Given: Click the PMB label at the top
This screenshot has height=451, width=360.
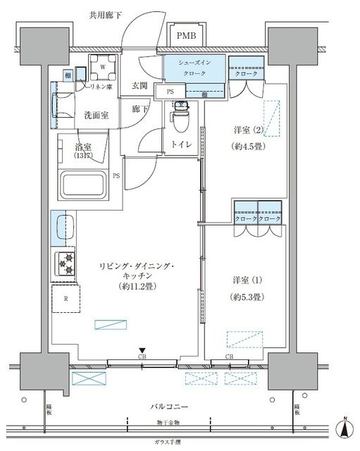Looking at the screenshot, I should pyautogui.click(x=187, y=35).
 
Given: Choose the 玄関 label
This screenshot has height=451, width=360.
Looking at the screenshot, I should pyautogui.click(x=139, y=86).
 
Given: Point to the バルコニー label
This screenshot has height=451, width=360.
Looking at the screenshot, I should pyautogui.click(x=168, y=407).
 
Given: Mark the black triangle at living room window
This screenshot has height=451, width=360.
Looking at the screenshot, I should pyautogui.click(x=142, y=350).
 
